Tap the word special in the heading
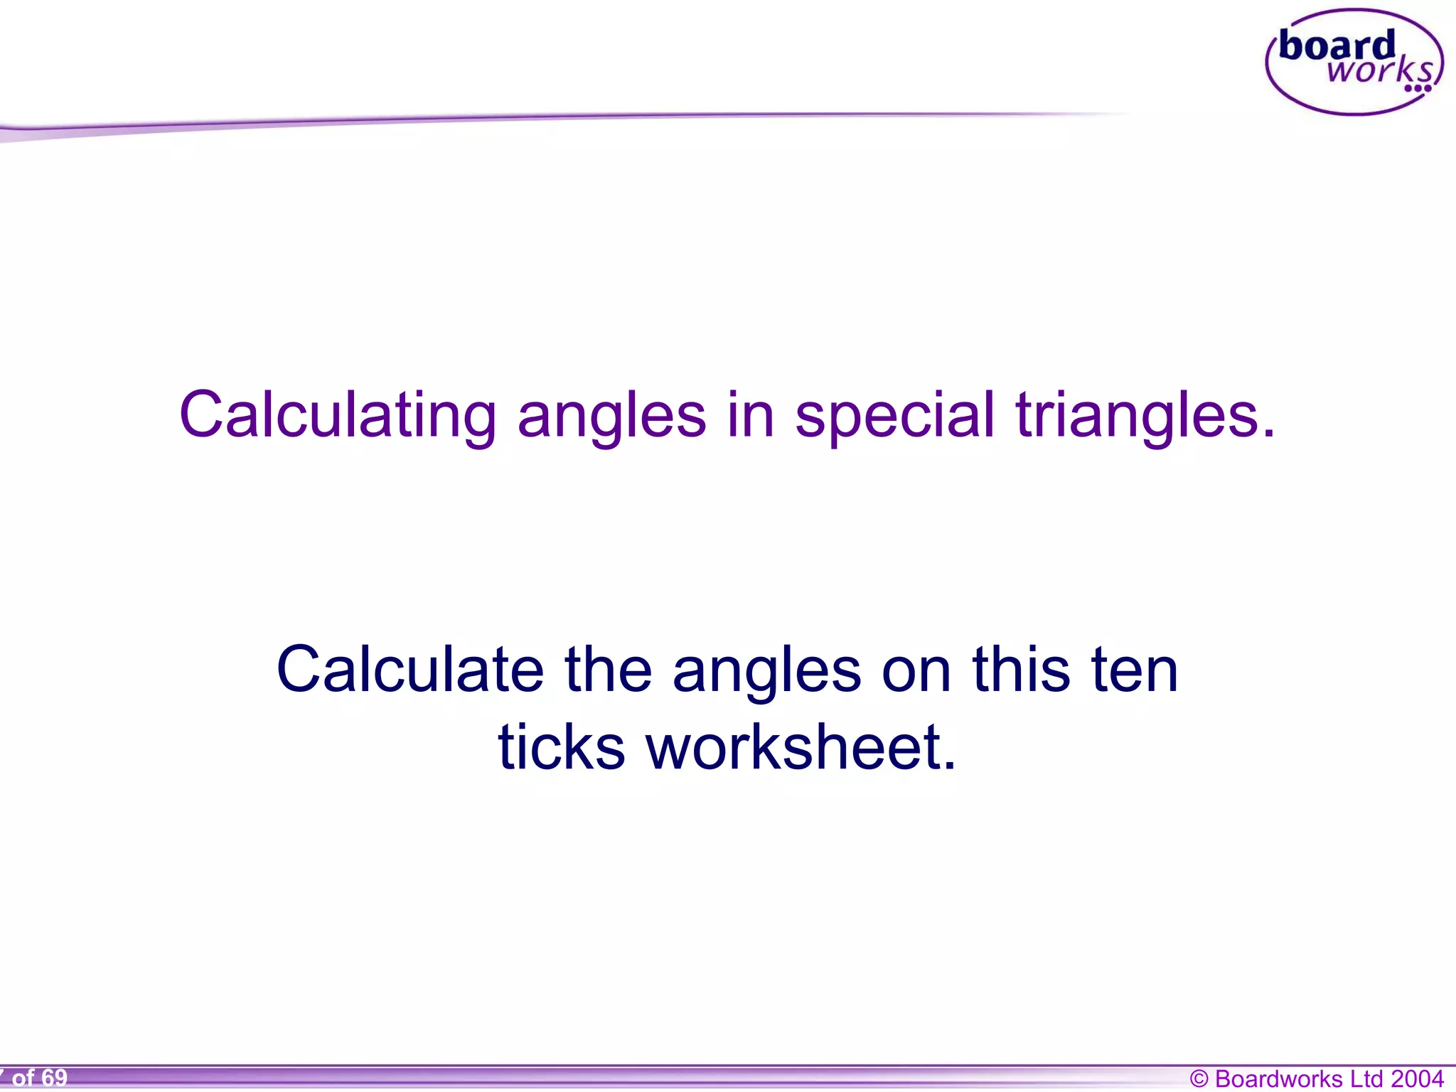(x=894, y=415)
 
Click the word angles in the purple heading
(x=611, y=415)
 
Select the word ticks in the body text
(x=561, y=747)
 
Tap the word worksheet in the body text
(x=801, y=747)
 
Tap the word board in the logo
(x=1337, y=45)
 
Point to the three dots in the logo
(x=1418, y=89)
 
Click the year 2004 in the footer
(x=1418, y=1078)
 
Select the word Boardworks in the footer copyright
(x=1278, y=1078)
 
